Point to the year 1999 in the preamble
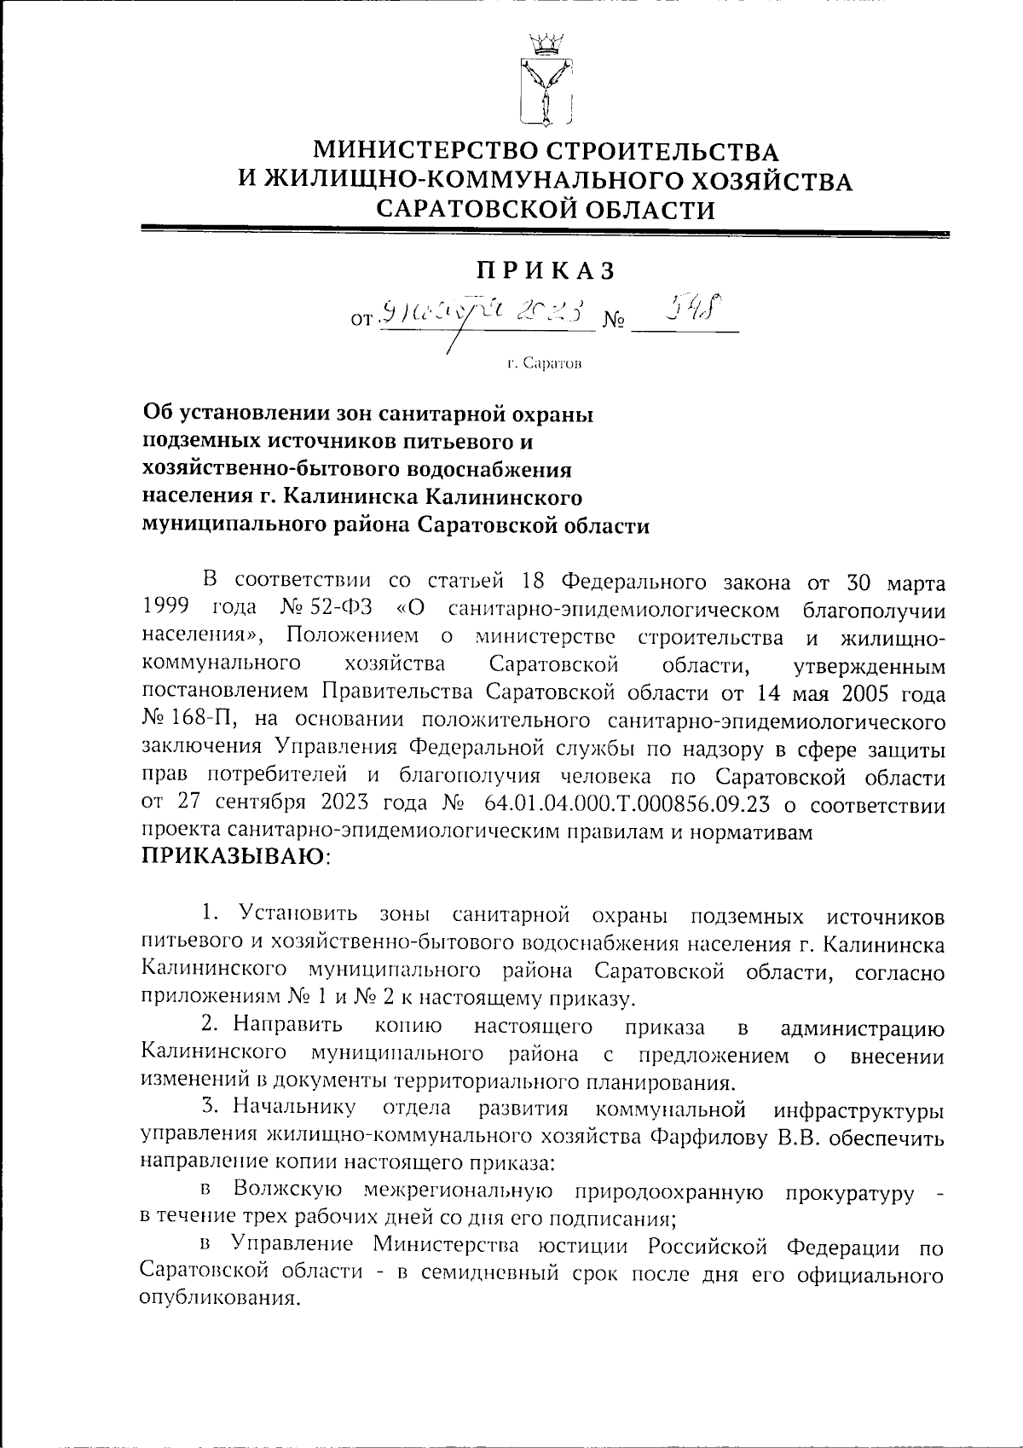[164, 611]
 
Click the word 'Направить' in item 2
[288, 1026]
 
